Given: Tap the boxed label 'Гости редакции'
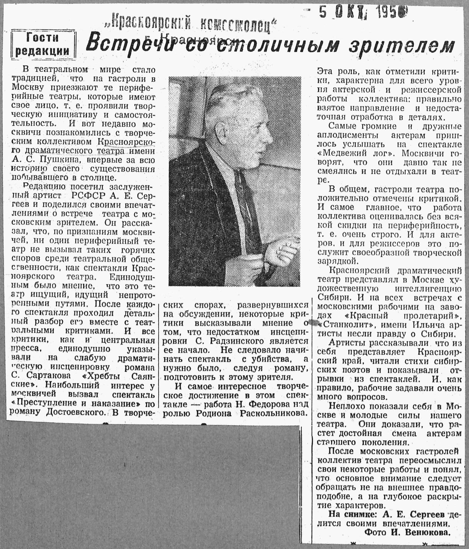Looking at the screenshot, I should click(43, 44).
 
